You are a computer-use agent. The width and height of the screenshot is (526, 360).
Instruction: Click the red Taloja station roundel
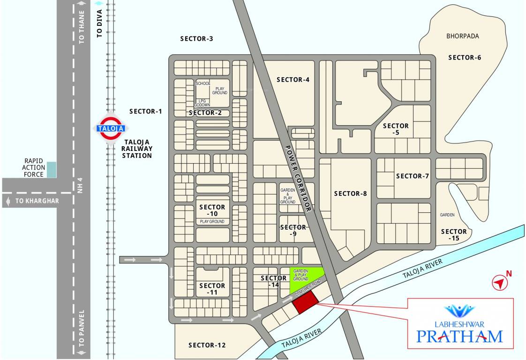pyautogui.click(x=111, y=127)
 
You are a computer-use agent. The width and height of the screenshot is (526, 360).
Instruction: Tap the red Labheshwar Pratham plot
pyautogui.click(x=305, y=302)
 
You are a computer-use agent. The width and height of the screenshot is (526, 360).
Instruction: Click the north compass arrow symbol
pyautogui.click(x=500, y=282)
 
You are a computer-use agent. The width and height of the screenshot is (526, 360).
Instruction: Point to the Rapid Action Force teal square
pyautogui.click(x=51, y=169)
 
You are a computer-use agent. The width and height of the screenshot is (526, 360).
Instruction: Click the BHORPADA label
pyautogui.click(x=463, y=36)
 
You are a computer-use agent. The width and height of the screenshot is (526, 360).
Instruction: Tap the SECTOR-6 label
pyautogui.click(x=465, y=58)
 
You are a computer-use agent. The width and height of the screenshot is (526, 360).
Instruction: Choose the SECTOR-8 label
pyautogui.click(x=350, y=194)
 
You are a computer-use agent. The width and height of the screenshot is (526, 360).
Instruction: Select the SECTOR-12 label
pyautogui.click(x=207, y=345)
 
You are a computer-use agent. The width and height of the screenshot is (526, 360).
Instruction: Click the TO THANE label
pyautogui.click(x=83, y=30)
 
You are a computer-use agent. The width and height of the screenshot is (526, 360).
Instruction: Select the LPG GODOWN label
pyautogui.click(x=203, y=103)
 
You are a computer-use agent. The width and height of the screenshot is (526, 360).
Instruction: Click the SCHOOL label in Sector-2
pyautogui.click(x=203, y=83)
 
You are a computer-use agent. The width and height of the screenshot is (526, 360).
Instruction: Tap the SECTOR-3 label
pyautogui.click(x=196, y=39)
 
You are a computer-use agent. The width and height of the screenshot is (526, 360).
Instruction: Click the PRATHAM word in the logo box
pyautogui.click(x=459, y=336)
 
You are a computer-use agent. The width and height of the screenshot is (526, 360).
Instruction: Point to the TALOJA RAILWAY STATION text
pyautogui.click(x=137, y=148)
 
